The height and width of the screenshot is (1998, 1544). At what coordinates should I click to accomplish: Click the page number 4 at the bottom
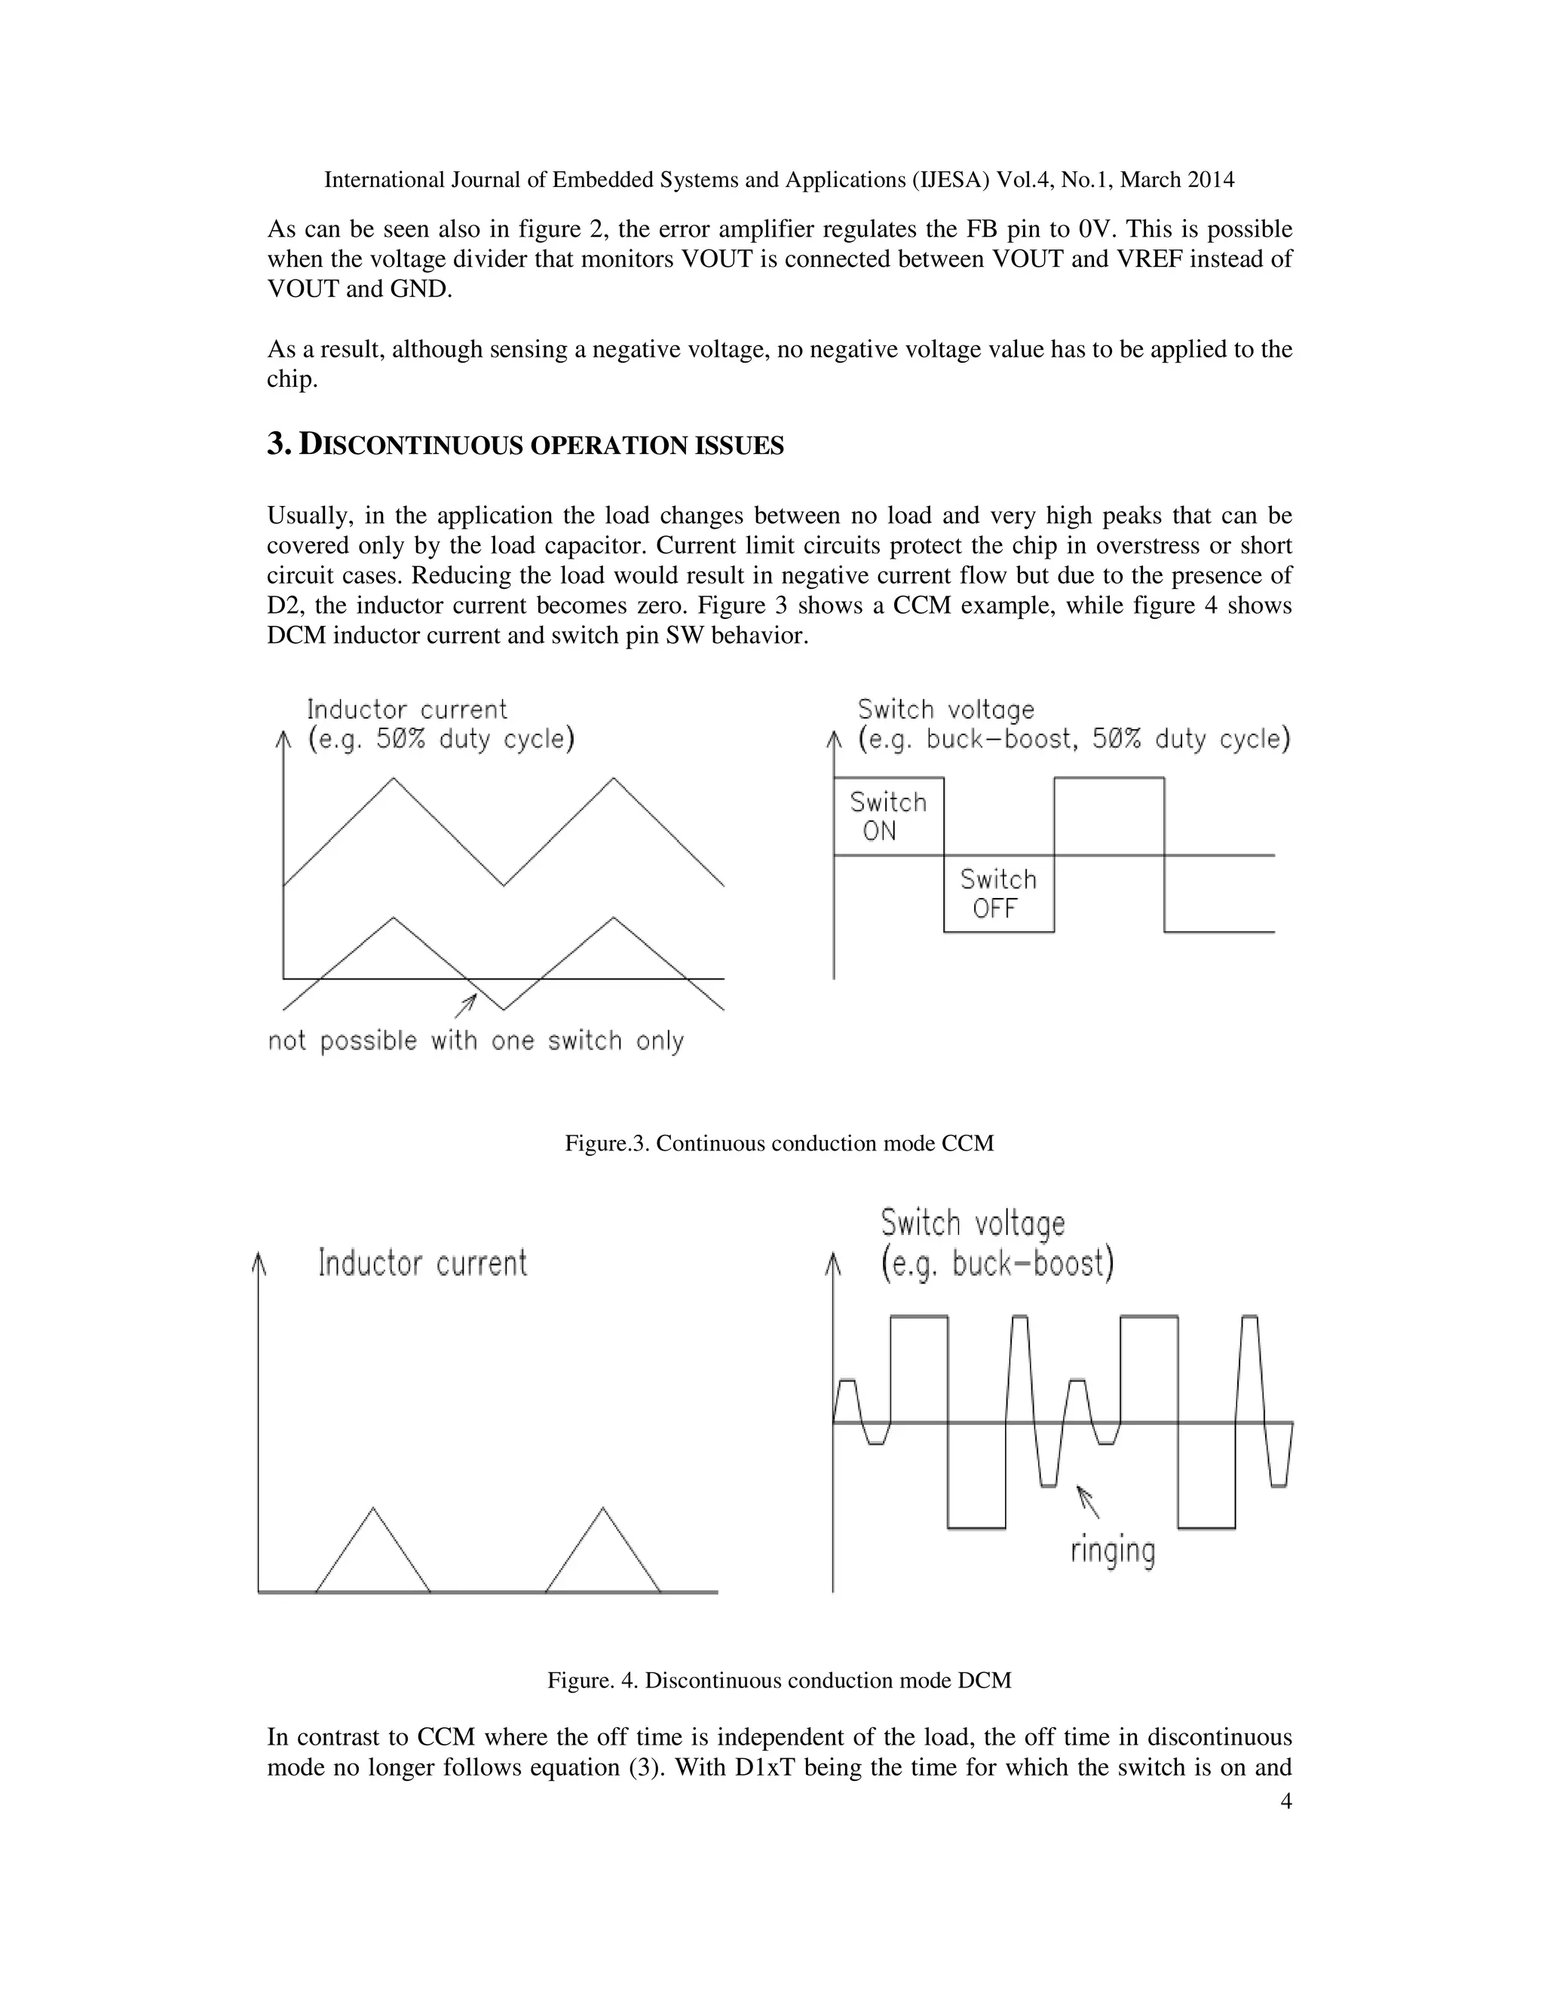click(1286, 1801)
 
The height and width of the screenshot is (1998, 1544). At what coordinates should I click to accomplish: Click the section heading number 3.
click(278, 445)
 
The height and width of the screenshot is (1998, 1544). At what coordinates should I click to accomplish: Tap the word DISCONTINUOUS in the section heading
click(412, 446)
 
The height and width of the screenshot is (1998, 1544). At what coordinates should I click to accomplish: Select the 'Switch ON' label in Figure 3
click(887, 816)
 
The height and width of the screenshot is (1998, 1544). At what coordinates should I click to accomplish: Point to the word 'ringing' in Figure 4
click(1112, 1549)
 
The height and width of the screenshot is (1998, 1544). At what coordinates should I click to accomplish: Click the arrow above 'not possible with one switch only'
click(467, 1005)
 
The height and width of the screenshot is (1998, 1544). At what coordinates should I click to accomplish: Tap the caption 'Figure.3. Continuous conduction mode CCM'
click(778, 1144)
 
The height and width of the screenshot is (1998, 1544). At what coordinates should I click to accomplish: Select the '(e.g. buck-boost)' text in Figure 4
click(997, 1264)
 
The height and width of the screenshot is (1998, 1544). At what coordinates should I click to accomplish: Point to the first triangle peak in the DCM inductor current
click(372, 1508)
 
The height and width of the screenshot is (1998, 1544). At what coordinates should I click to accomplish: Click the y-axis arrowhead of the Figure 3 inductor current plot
click(283, 738)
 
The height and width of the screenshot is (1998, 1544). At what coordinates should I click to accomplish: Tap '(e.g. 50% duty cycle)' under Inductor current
click(441, 739)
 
